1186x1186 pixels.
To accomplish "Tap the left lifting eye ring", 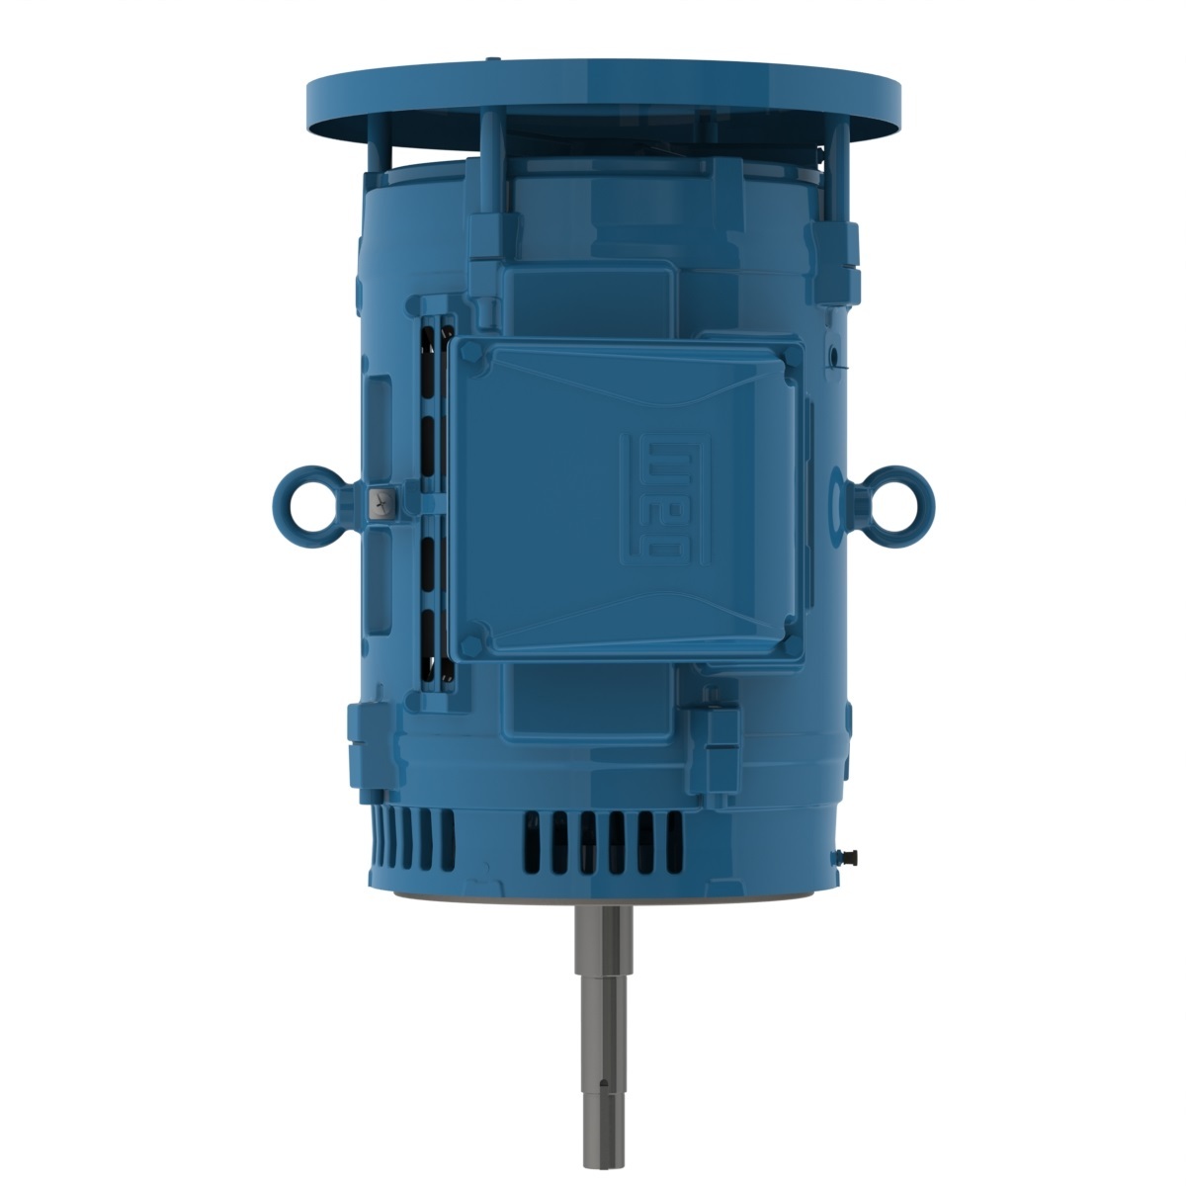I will [296, 498].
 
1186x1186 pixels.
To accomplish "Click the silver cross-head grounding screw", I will [380, 504].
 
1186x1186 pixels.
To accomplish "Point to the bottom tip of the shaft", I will [600, 1160].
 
